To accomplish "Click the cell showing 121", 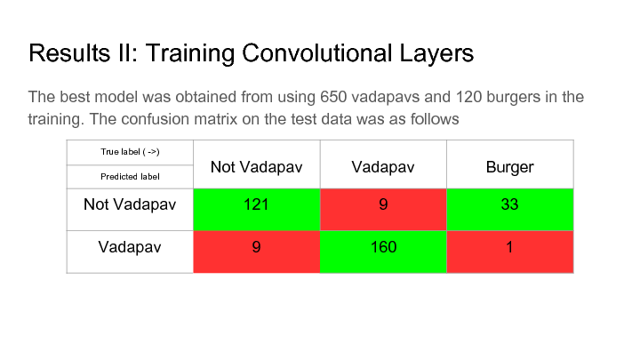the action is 256,210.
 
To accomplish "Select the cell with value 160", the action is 383,252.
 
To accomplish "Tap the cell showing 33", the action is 510,210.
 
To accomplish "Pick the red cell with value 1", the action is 510,252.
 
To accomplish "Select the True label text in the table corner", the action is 130,152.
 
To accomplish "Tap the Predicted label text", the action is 130,177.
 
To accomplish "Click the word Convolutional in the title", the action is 317,52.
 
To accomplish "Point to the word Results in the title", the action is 69,52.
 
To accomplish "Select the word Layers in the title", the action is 436,54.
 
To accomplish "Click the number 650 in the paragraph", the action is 333,97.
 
